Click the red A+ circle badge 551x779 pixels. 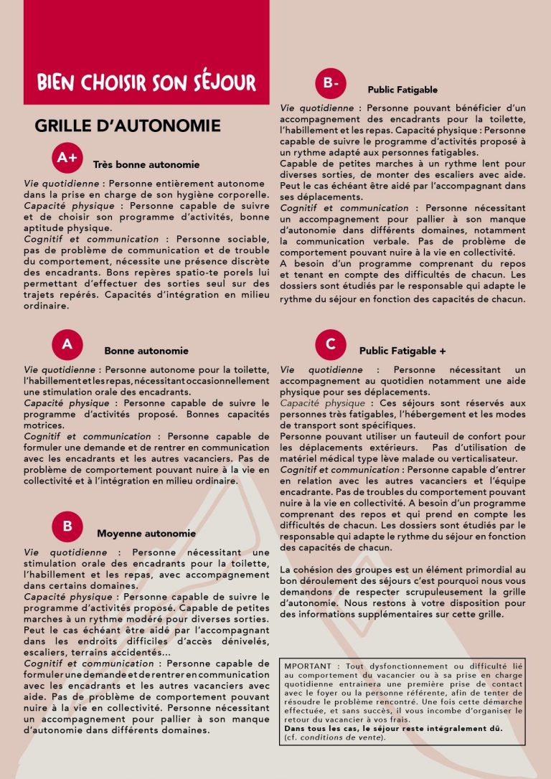click(x=67, y=158)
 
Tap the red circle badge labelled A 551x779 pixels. click(x=67, y=344)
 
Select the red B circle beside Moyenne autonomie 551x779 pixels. click(x=67, y=526)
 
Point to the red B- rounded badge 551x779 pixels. click(x=331, y=83)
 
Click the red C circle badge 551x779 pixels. click(x=331, y=344)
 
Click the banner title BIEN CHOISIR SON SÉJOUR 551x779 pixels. click(x=146, y=82)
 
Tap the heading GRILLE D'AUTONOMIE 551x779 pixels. click(x=128, y=126)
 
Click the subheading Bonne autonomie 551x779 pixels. click(x=146, y=351)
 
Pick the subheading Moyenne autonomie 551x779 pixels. click(x=146, y=534)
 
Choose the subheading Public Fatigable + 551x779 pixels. click(x=402, y=351)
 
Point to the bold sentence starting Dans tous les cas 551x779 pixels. click(x=393, y=728)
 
